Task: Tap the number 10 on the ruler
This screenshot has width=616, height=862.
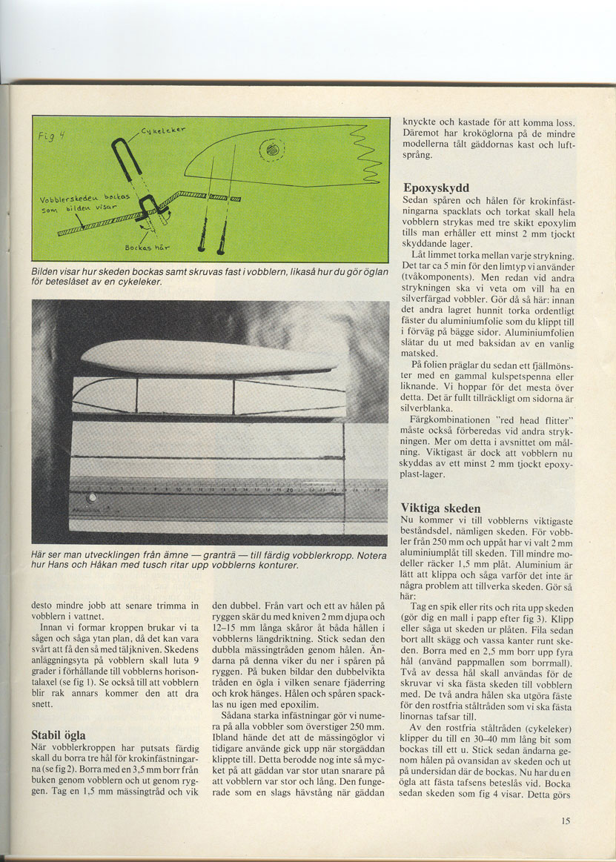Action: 179,490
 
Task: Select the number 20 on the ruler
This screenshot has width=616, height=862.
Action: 290,490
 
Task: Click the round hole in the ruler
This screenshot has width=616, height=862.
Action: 92,497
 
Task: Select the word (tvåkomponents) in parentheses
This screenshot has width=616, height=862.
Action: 439,285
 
